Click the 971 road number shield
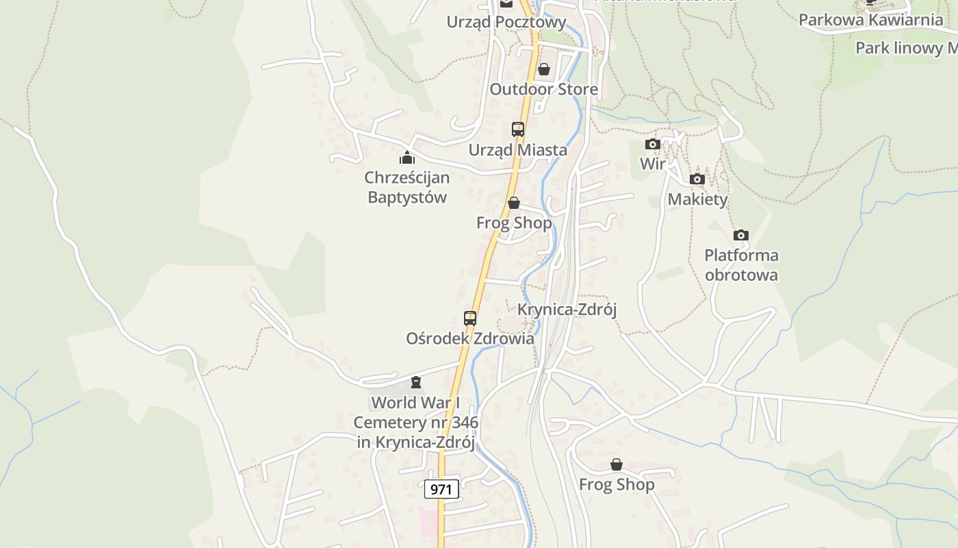click(441, 489)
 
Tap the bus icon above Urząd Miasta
click(518, 129)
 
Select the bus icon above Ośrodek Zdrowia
click(470, 318)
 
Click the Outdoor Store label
click(543, 89)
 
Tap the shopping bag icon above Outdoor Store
click(544, 69)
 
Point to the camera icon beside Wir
click(653, 144)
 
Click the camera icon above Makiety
click(697, 179)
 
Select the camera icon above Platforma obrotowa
click(740, 236)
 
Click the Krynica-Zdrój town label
click(567, 310)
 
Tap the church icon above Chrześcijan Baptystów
click(407, 158)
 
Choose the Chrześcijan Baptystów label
click(407, 188)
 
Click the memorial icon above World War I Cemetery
click(416, 382)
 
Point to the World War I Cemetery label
click(415, 422)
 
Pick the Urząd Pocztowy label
click(506, 22)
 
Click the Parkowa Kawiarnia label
click(870, 20)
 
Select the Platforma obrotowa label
click(741, 265)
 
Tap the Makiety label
click(697, 199)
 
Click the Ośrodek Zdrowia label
click(470, 338)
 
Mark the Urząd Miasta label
click(517, 150)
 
